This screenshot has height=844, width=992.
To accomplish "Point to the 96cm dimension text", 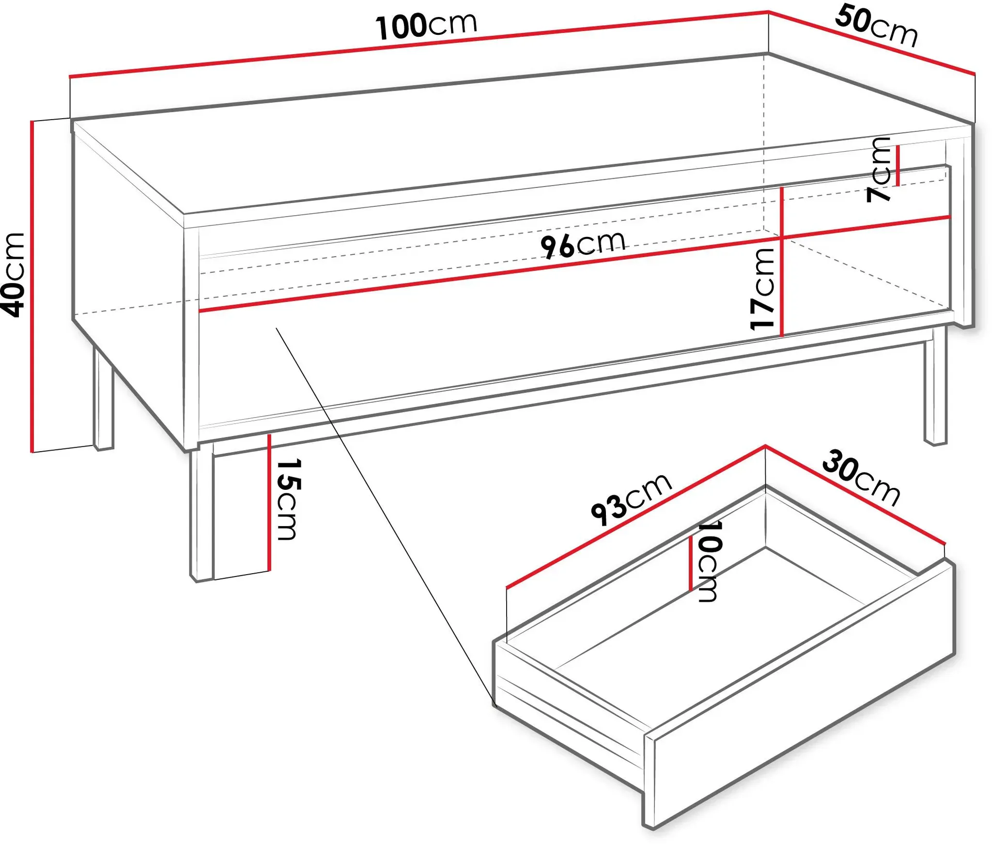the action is (583, 244).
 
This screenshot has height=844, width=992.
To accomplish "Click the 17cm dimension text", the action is (762, 289).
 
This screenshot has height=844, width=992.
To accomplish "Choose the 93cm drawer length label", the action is (631, 499).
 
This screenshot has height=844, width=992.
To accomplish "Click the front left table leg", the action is (201, 515).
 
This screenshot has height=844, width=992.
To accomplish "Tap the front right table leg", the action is (935, 385).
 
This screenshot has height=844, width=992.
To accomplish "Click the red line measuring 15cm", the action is (268, 502).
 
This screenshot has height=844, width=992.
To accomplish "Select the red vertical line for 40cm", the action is (32, 286).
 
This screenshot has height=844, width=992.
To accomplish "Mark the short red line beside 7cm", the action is (898, 166).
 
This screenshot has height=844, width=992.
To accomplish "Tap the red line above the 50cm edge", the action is (872, 43).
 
